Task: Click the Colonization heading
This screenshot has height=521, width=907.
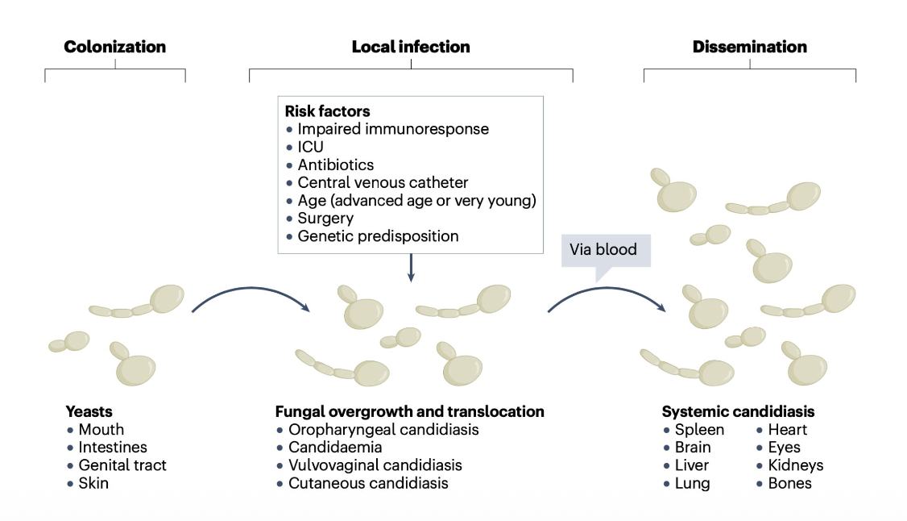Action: (115, 47)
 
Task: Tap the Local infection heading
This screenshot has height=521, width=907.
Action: (411, 47)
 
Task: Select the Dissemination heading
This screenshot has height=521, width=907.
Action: (749, 47)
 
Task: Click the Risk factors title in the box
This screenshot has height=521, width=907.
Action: (327, 111)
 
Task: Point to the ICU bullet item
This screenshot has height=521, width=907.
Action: (311, 147)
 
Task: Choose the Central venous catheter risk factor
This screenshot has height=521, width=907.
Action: (383, 182)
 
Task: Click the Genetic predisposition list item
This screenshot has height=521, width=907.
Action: (378, 236)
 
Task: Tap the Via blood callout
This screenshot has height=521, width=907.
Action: (603, 249)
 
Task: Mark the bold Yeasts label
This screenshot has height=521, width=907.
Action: (89, 411)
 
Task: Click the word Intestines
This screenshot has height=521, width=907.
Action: (113, 447)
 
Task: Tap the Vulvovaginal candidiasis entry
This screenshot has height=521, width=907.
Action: (375, 465)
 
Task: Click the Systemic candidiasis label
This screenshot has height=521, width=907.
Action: (738, 411)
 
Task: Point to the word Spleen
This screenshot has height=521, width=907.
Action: (699, 430)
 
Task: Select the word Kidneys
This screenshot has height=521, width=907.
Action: (796, 465)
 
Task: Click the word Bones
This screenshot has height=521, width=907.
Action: (789, 484)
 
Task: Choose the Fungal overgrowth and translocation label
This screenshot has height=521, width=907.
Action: (409, 411)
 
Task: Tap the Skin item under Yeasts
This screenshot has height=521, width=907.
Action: (93, 484)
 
